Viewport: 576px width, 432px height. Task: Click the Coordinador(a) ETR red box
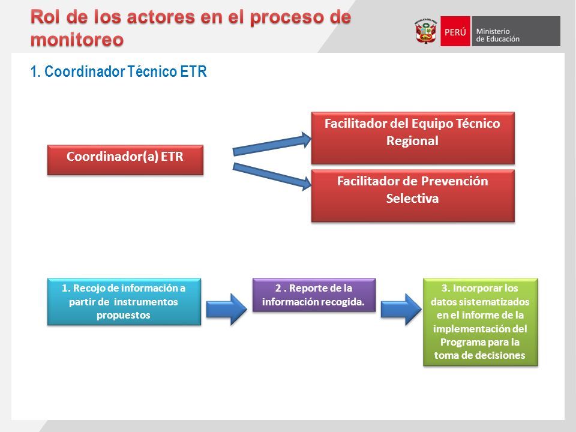pyautogui.click(x=125, y=160)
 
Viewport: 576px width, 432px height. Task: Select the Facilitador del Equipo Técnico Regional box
pyautogui.click(x=413, y=138)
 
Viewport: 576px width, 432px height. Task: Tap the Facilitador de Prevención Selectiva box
pyautogui.click(x=413, y=196)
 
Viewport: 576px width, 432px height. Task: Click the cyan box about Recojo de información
pyautogui.click(x=124, y=302)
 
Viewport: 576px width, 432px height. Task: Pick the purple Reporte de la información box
pyautogui.click(x=314, y=295)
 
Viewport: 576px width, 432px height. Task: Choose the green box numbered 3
pyautogui.click(x=481, y=322)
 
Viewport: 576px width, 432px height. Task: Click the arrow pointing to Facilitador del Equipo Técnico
pyautogui.click(x=272, y=144)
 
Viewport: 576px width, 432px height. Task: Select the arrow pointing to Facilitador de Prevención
pyautogui.click(x=272, y=176)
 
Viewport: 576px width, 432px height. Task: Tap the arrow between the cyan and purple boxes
pyautogui.click(x=227, y=309)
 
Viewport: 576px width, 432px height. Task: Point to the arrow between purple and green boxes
pyautogui.click(x=401, y=309)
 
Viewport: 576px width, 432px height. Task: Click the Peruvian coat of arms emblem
pyautogui.click(x=426, y=31)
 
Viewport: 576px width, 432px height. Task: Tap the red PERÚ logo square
pyautogui.click(x=455, y=31)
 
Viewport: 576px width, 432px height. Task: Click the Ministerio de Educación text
pyautogui.click(x=498, y=35)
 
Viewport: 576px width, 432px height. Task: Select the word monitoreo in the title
pyautogui.click(x=77, y=40)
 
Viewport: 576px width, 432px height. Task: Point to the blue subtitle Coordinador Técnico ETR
pyautogui.click(x=118, y=71)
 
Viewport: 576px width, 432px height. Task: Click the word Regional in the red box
pyautogui.click(x=412, y=140)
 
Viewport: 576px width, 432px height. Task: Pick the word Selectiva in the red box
pyautogui.click(x=412, y=199)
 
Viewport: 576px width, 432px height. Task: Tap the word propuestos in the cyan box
pyautogui.click(x=124, y=316)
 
